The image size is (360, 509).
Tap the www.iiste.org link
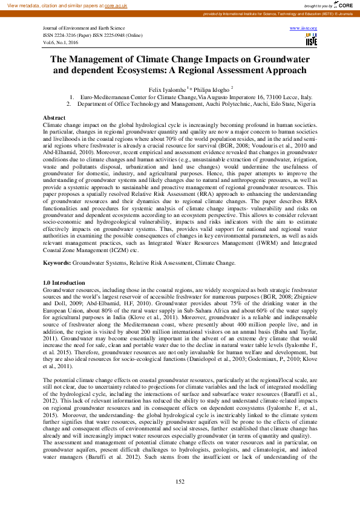(x=304, y=28)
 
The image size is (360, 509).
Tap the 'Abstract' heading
(x=54, y=117)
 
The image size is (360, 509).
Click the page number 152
(x=180, y=481)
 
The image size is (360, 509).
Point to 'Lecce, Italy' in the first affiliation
(x=295, y=97)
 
